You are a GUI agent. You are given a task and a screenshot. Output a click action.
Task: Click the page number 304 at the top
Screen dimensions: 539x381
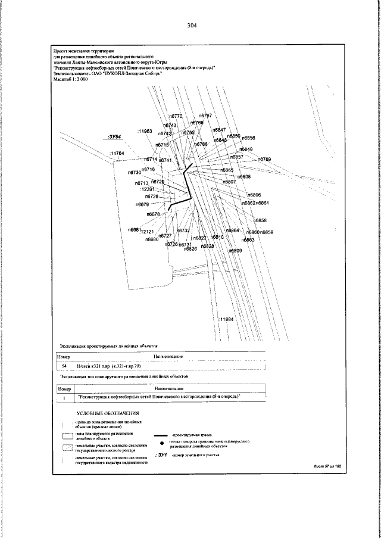click(192, 26)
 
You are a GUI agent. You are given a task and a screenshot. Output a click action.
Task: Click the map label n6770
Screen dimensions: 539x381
click(176, 116)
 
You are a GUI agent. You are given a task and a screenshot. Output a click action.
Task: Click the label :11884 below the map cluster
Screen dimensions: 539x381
click(226, 320)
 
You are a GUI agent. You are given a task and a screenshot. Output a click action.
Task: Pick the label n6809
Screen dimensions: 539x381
click(236, 251)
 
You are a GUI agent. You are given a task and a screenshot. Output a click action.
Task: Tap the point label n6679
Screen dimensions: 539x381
click(142, 204)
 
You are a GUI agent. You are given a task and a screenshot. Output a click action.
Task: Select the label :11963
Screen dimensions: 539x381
click(145, 130)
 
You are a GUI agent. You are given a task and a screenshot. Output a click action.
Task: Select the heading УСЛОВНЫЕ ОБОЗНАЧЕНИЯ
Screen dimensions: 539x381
click(108, 413)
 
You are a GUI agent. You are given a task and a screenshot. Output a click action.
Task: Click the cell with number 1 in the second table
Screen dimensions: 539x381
click(64, 396)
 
